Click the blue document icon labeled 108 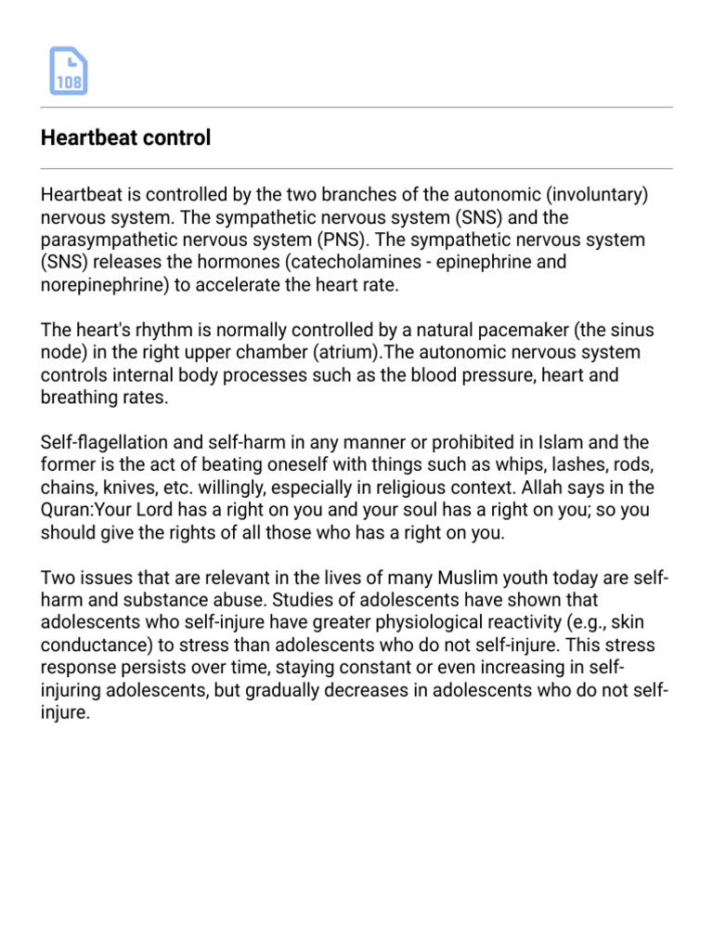[68, 72]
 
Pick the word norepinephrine [102, 285]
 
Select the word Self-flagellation [97, 442]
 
